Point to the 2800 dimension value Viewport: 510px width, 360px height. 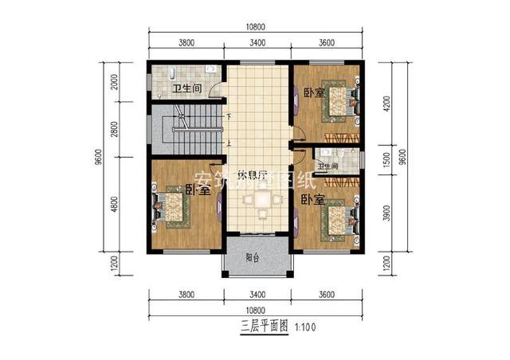tap(114, 129)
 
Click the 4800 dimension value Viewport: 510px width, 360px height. tap(114, 204)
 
